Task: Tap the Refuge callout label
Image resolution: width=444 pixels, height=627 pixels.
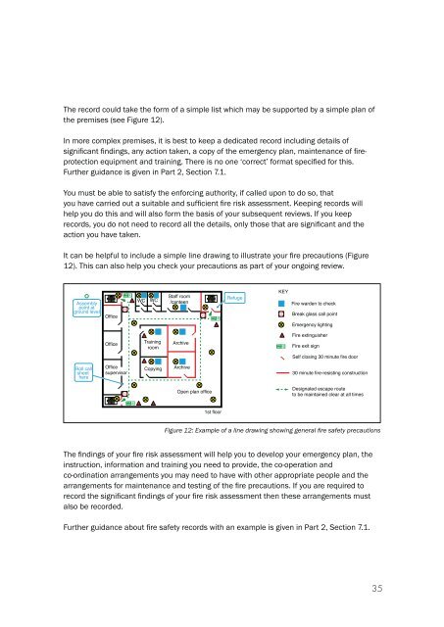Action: pos(236,297)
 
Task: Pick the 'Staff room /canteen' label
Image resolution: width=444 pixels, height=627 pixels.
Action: pos(178,296)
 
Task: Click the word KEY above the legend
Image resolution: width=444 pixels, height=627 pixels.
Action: pos(284,292)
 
